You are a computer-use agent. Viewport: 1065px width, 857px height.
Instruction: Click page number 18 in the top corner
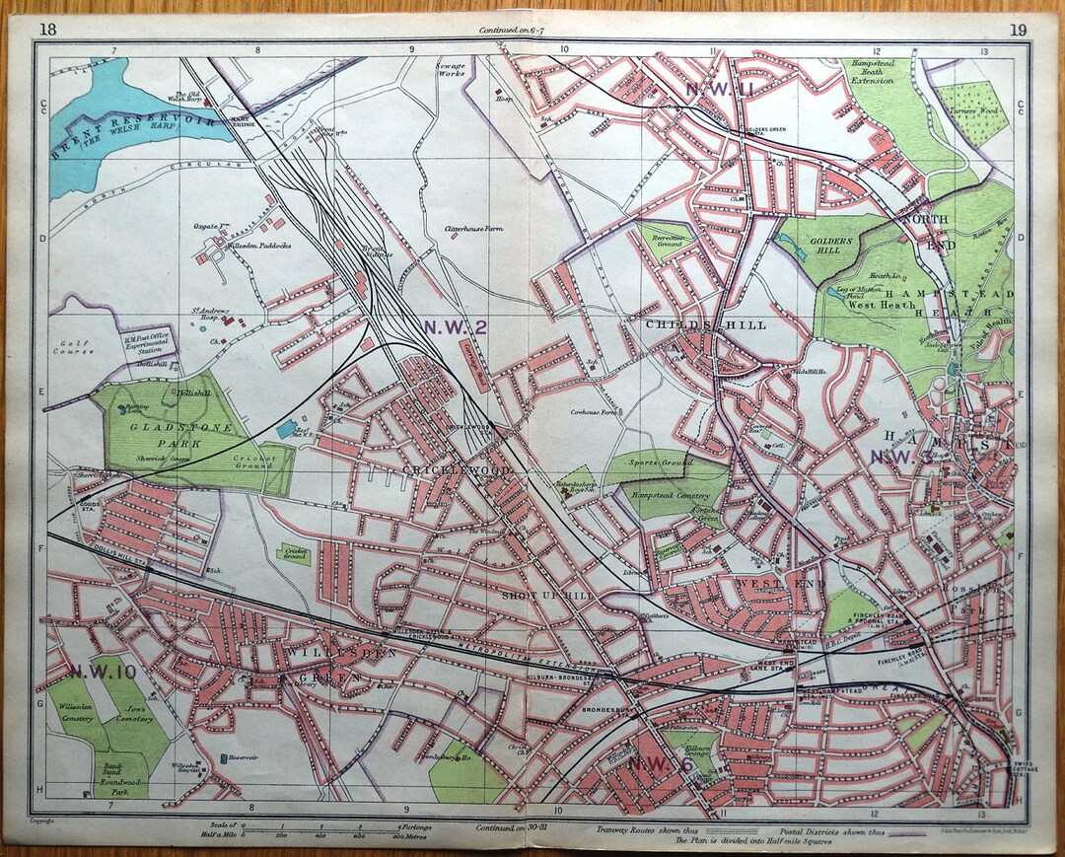pos(46,28)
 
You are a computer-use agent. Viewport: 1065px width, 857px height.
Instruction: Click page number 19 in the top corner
pos(1017,28)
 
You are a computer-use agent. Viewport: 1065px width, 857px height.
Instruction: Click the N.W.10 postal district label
pos(103,672)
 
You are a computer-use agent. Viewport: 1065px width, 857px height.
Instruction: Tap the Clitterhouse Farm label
pos(474,229)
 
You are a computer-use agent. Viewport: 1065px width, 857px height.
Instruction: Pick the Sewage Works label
pos(451,71)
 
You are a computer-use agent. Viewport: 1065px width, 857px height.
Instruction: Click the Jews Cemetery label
pos(133,713)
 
